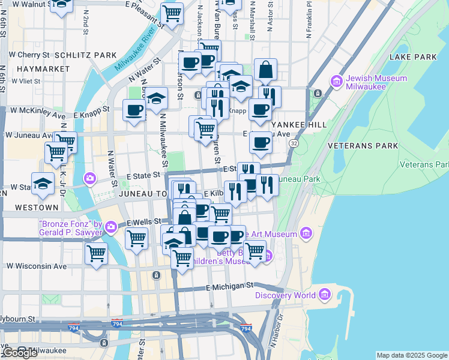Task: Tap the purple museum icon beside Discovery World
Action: (325, 295)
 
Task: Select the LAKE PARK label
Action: (413, 57)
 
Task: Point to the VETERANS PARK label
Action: (362, 146)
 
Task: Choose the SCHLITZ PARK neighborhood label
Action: (85, 55)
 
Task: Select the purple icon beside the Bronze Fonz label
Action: (111, 227)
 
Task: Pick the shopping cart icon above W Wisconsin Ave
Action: (96, 253)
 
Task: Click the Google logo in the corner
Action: (19, 353)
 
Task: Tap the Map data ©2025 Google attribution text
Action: (411, 355)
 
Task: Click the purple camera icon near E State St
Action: (90, 178)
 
